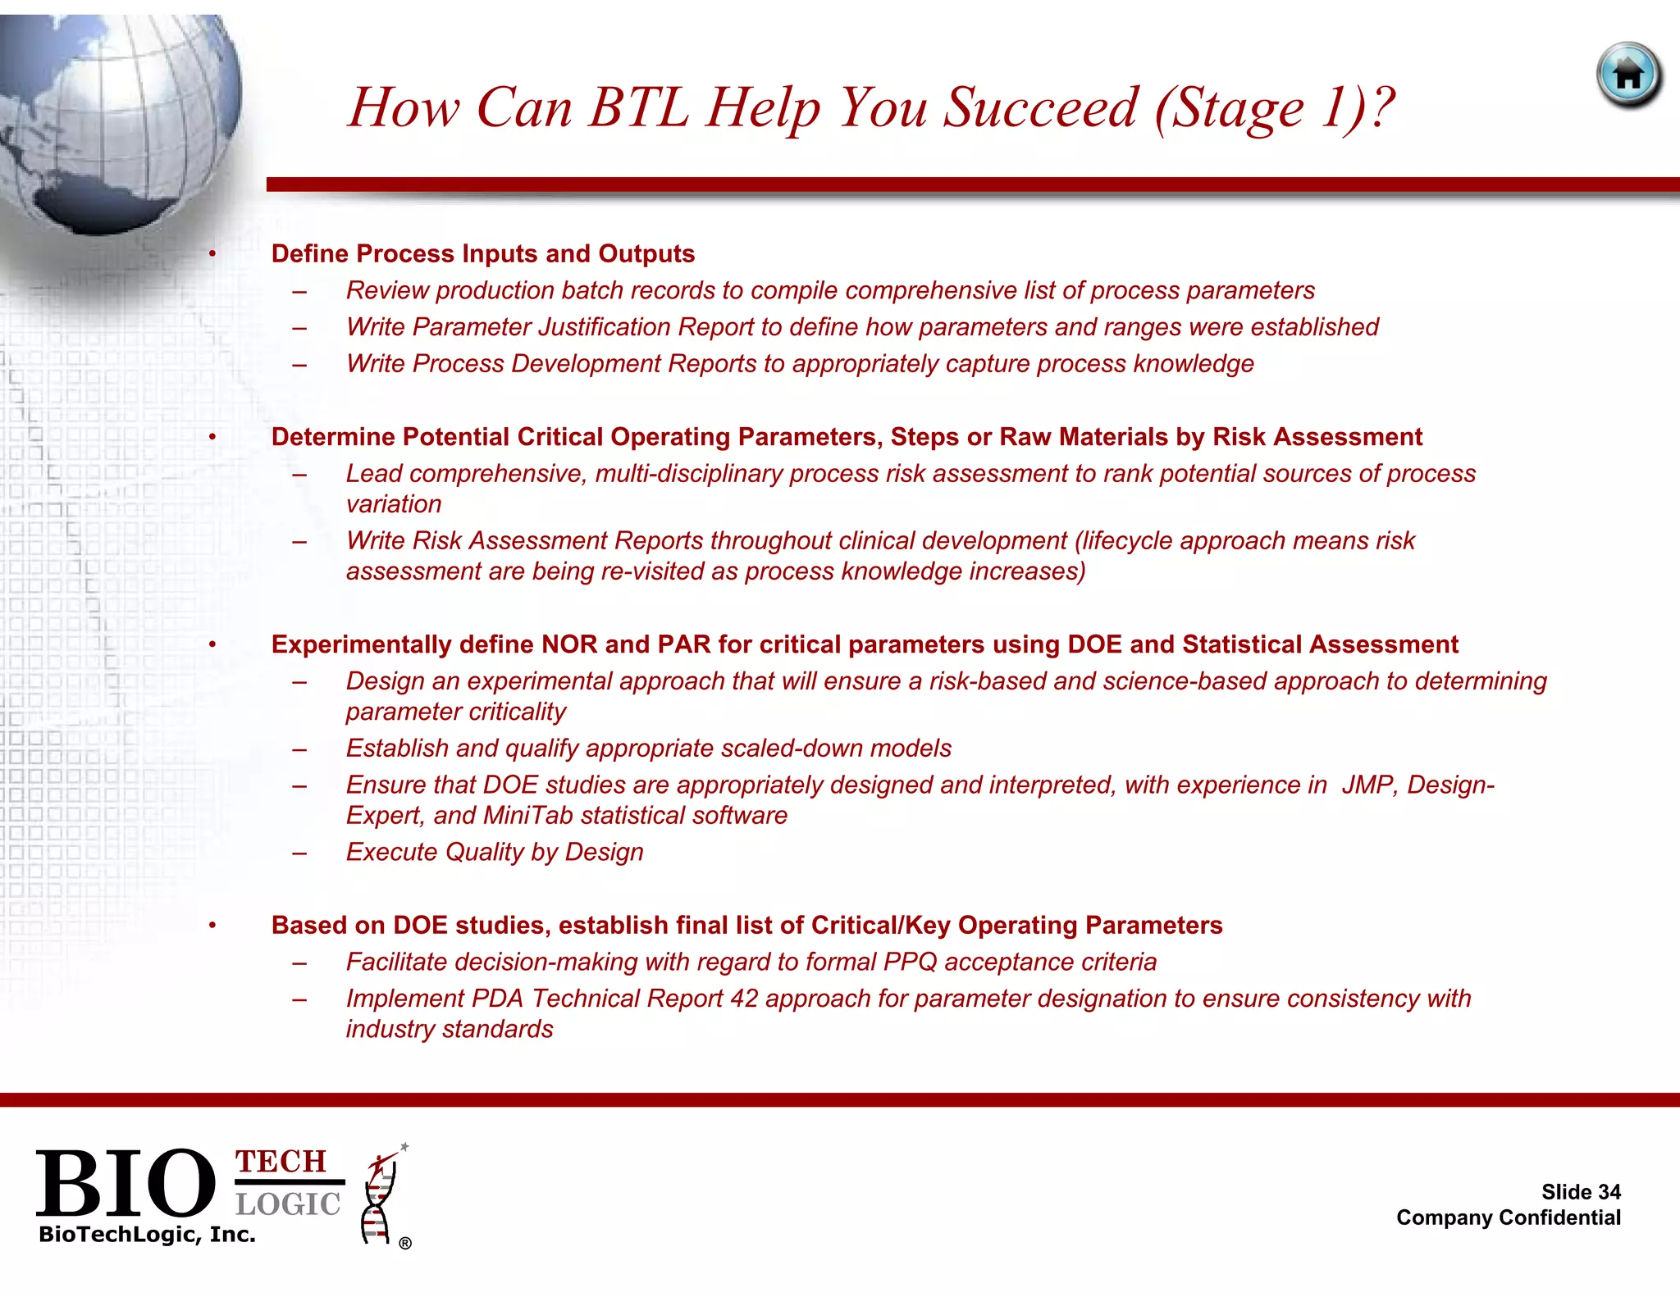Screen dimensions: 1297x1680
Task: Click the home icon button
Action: [1629, 75]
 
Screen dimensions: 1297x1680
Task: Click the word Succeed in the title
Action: [1040, 107]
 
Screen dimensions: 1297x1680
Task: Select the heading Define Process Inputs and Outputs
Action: [482, 254]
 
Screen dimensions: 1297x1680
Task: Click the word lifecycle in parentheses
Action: [1128, 541]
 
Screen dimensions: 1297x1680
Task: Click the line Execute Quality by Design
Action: [494, 853]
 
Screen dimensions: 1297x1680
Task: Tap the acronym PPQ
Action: [910, 962]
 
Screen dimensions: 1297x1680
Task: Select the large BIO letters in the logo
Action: [125, 1183]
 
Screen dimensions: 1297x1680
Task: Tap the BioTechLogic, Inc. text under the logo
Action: [147, 1235]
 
